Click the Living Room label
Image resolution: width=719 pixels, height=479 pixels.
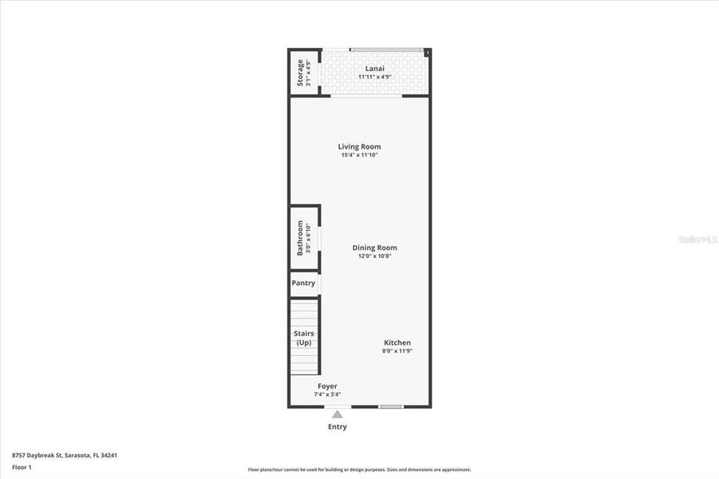359,146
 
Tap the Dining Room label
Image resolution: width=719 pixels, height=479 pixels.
374,247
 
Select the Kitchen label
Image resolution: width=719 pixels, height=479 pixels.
397,342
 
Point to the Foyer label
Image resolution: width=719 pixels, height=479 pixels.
327,386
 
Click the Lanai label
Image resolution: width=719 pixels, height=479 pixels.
374,69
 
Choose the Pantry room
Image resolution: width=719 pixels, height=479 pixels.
303,283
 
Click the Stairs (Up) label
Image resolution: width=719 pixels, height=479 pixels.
303,338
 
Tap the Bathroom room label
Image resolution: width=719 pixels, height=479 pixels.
300,238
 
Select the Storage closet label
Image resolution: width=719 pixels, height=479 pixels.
300,73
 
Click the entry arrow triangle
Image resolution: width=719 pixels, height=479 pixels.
338,414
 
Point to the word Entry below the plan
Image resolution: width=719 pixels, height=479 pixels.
338,427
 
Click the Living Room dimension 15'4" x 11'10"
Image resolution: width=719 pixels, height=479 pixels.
359,155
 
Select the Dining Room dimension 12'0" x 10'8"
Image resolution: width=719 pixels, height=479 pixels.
374,256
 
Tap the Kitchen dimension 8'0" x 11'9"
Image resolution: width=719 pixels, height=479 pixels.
397,351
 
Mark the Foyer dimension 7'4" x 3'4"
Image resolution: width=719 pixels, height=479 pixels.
327,394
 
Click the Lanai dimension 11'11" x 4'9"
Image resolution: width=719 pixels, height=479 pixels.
374,77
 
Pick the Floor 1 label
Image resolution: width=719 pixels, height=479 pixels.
22,467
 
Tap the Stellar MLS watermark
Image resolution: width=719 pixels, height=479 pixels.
697,239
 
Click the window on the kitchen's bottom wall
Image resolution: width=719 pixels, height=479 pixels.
390,406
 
